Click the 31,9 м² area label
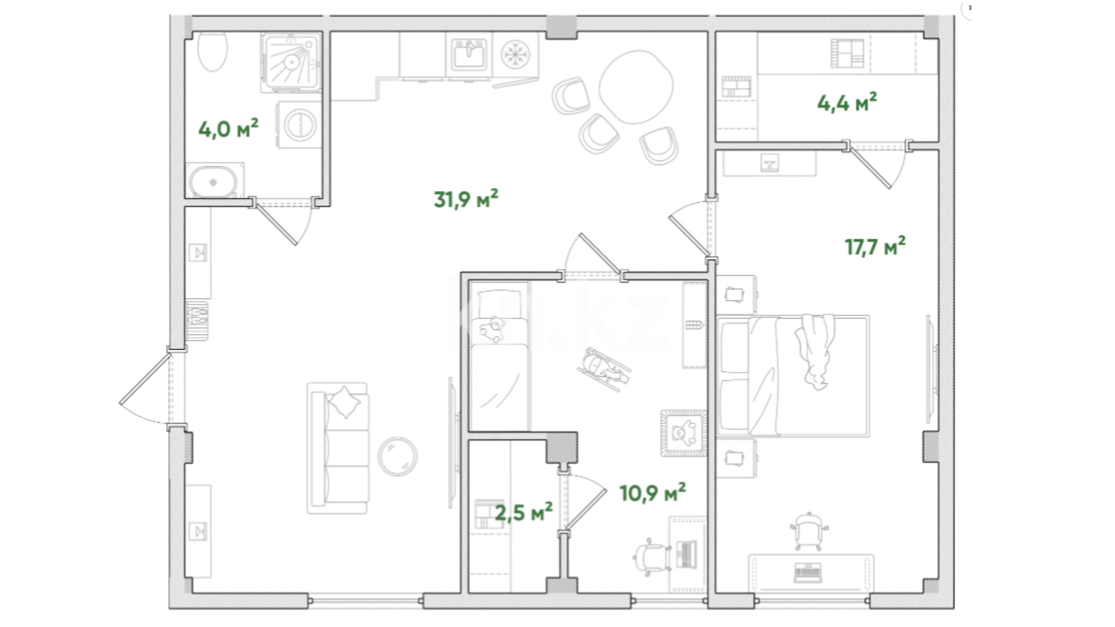(466, 199)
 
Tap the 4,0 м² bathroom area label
(228, 128)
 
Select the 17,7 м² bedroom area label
(875, 247)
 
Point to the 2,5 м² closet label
(524, 513)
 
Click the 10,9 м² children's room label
(653, 493)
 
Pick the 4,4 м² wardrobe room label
(847, 103)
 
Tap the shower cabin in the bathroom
(291, 62)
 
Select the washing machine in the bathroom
(300, 125)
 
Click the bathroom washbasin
(214, 181)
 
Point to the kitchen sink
(469, 55)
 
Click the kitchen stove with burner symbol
(515, 55)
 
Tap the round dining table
(636, 87)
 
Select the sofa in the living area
(338, 448)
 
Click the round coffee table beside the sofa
(397, 456)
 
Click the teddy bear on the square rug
(684, 433)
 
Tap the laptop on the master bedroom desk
(808, 572)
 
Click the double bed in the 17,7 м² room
(793, 376)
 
